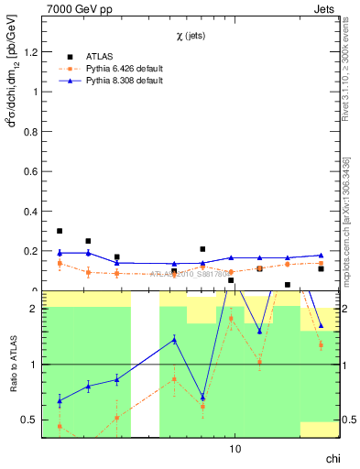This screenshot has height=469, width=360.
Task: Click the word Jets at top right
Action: (324, 8)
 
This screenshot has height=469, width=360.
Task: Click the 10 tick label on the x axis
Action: (235, 449)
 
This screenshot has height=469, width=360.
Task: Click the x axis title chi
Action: (331, 461)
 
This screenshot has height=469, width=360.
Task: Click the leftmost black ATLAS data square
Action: (60, 231)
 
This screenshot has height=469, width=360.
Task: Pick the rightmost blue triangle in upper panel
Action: (321, 256)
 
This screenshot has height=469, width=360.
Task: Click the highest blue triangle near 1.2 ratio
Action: (174, 339)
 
